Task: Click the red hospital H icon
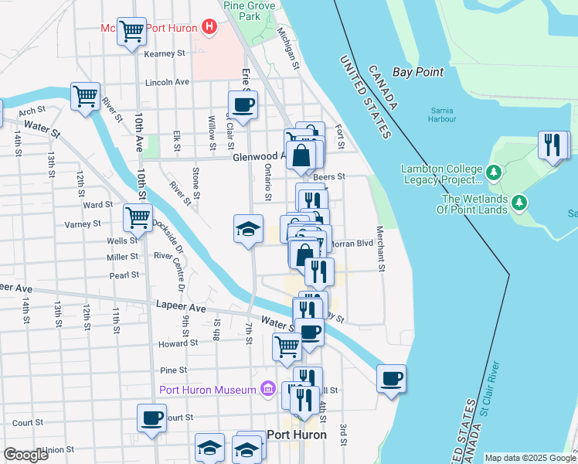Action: coord(209,27)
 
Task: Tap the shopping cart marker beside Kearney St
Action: coord(132,32)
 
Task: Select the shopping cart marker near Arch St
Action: coord(85,97)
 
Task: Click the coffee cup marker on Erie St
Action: coord(243,104)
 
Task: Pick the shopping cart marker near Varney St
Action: coord(138,217)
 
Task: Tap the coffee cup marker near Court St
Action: coord(151,418)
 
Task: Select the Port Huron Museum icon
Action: coord(267,388)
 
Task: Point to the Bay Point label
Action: coord(418,72)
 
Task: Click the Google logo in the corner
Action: coord(25,455)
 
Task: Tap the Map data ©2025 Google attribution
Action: coord(530,458)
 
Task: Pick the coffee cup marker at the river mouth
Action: coord(391,378)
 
